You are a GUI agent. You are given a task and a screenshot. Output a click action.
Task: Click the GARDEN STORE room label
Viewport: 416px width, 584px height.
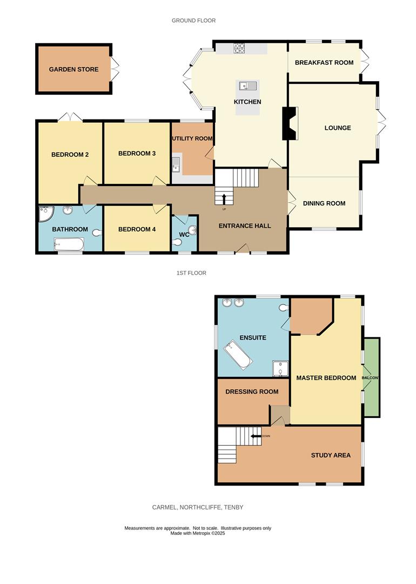[73, 69]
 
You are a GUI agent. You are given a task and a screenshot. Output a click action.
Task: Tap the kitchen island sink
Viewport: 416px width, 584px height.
[247, 85]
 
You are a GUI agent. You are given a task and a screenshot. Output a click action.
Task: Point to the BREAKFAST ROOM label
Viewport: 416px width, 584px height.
[324, 63]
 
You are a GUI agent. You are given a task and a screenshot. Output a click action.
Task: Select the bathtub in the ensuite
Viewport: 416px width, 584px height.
[238, 355]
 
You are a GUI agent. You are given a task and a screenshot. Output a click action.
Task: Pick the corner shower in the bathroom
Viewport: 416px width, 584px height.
[45, 215]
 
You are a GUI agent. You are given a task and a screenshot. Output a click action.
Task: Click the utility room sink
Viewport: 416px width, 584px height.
[176, 164]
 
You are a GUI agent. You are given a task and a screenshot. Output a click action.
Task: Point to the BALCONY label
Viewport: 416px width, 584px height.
[370, 377]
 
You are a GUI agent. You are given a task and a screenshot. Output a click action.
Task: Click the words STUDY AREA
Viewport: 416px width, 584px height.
[331, 455]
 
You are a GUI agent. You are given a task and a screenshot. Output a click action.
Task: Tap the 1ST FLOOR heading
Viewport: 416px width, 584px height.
[191, 273]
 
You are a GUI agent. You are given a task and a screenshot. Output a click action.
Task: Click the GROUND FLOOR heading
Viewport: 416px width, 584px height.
[193, 21]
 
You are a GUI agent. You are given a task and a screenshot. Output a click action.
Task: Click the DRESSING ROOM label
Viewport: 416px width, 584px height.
[252, 391]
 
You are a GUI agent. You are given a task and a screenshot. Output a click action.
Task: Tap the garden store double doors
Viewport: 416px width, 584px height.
[115, 69]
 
